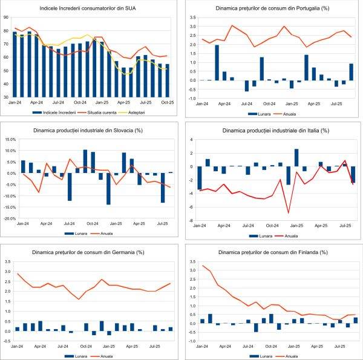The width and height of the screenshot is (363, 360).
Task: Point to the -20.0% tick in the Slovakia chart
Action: point(8,218)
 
